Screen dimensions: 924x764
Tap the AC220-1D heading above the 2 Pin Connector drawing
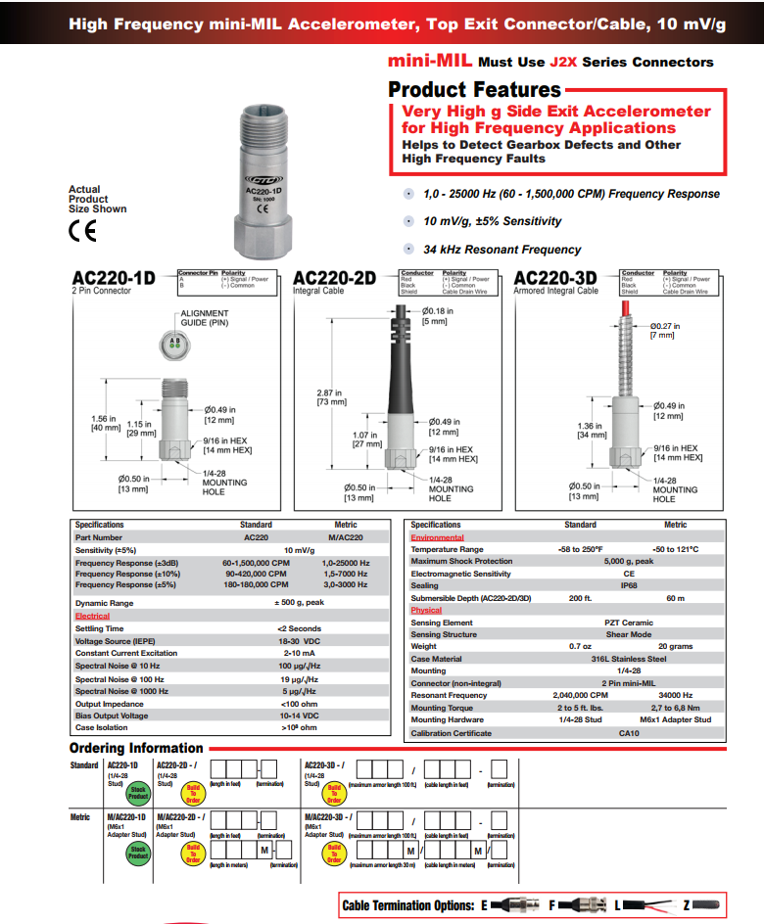point(113,278)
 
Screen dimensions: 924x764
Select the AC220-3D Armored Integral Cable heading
point(554,278)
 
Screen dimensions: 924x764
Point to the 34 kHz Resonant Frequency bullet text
point(501,250)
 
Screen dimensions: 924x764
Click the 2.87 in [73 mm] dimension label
point(331,396)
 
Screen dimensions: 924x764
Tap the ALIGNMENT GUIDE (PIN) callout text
point(205,317)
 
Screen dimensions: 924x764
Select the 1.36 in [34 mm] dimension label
point(591,431)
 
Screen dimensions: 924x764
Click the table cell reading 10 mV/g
point(299,550)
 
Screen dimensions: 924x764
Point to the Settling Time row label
point(100,628)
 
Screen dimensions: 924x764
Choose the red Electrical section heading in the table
point(93,617)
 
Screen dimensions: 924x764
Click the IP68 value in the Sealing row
point(629,585)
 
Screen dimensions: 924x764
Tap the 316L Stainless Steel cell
point(629,659)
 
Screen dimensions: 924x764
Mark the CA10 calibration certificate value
point(629,733)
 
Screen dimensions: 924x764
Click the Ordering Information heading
point(136,749)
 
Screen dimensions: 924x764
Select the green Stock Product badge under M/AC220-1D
point(138,853)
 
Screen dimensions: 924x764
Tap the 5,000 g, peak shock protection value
point(629,561)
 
